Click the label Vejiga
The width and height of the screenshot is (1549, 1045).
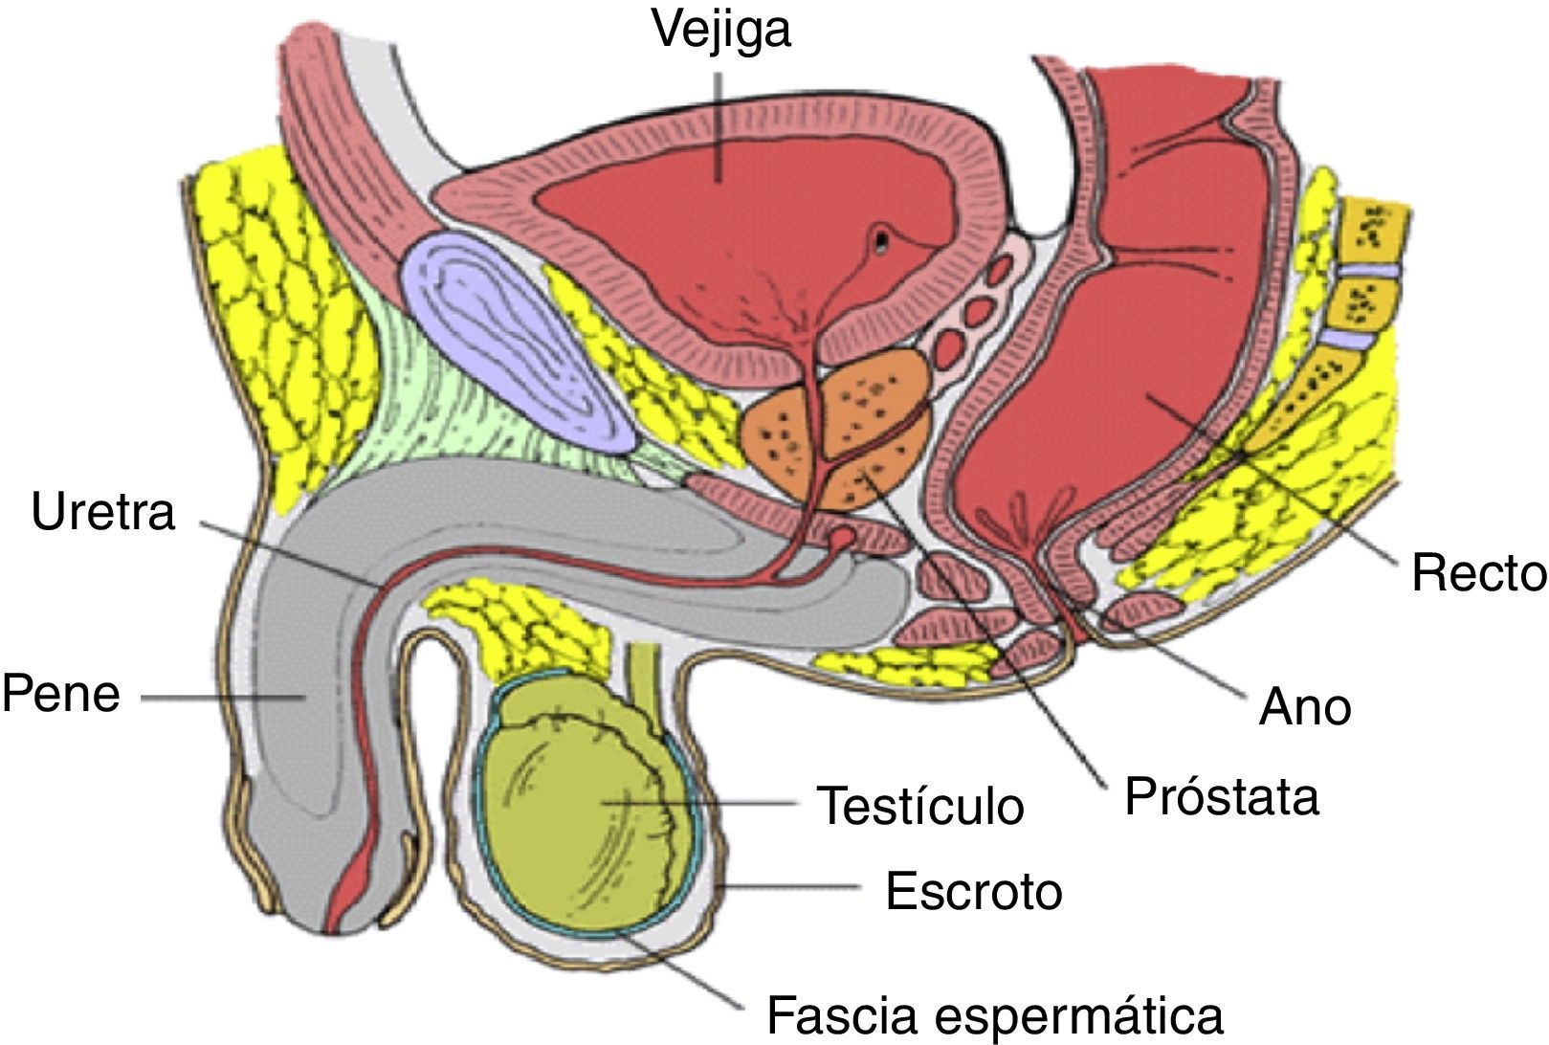coord(721,30)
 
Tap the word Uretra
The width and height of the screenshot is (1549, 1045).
coord(103,512)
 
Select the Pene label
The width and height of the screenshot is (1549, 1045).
coord(61,694)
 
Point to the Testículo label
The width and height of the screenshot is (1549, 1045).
coord(920,806)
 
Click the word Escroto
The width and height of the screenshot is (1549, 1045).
coord(973,891)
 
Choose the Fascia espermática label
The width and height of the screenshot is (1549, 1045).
coord(995,1013)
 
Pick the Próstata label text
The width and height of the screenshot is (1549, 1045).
coord(1221,796)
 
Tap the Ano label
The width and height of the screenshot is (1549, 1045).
coord(1305,708)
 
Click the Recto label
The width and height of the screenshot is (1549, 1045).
coord(1478,573)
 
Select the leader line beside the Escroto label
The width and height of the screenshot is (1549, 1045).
coord(794,888)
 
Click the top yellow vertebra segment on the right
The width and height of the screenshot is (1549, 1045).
coord(1375,228)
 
